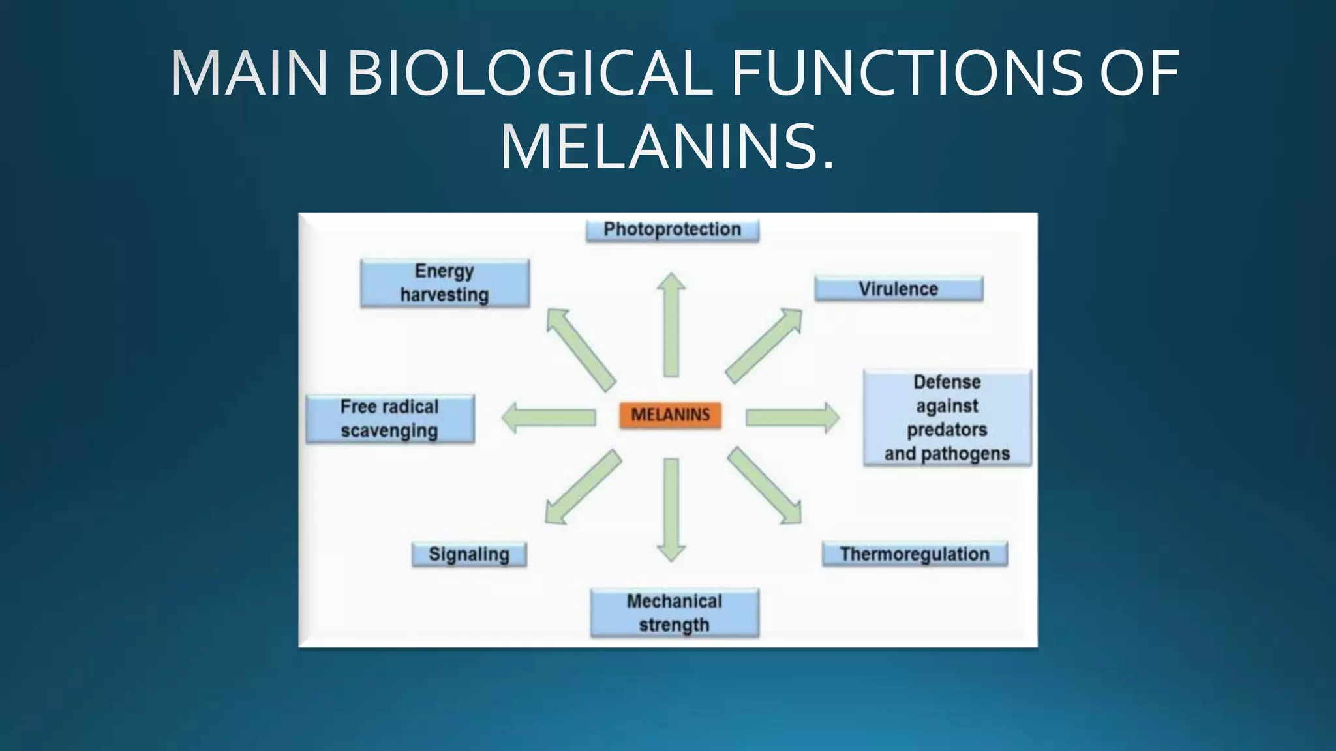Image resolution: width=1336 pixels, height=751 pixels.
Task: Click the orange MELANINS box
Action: [671, 415]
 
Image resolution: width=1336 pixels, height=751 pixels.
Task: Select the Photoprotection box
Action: [673, 230]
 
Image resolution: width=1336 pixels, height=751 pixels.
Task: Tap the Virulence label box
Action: [898, 289]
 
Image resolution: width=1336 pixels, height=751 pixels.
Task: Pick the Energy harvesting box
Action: [445, 283]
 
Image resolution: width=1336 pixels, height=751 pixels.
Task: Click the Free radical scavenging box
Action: [390, 419]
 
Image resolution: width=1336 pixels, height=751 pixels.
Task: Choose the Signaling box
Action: [469, 555]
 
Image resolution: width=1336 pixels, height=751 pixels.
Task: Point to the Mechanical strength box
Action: [675, 613]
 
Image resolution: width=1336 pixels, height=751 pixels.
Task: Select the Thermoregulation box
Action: [915, 554]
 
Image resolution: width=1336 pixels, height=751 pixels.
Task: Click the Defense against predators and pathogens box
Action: [947, 418]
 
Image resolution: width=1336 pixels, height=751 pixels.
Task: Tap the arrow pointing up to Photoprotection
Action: [671, 326]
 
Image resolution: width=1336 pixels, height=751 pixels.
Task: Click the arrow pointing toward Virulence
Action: [763, 346]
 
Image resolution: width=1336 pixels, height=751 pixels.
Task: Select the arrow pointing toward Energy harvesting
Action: [581, 349]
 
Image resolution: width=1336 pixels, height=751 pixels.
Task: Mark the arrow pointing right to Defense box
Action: [792, 417]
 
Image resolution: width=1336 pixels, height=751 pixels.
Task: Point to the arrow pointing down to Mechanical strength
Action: [671, 508]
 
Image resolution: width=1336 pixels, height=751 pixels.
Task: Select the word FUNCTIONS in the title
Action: [907, 73]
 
